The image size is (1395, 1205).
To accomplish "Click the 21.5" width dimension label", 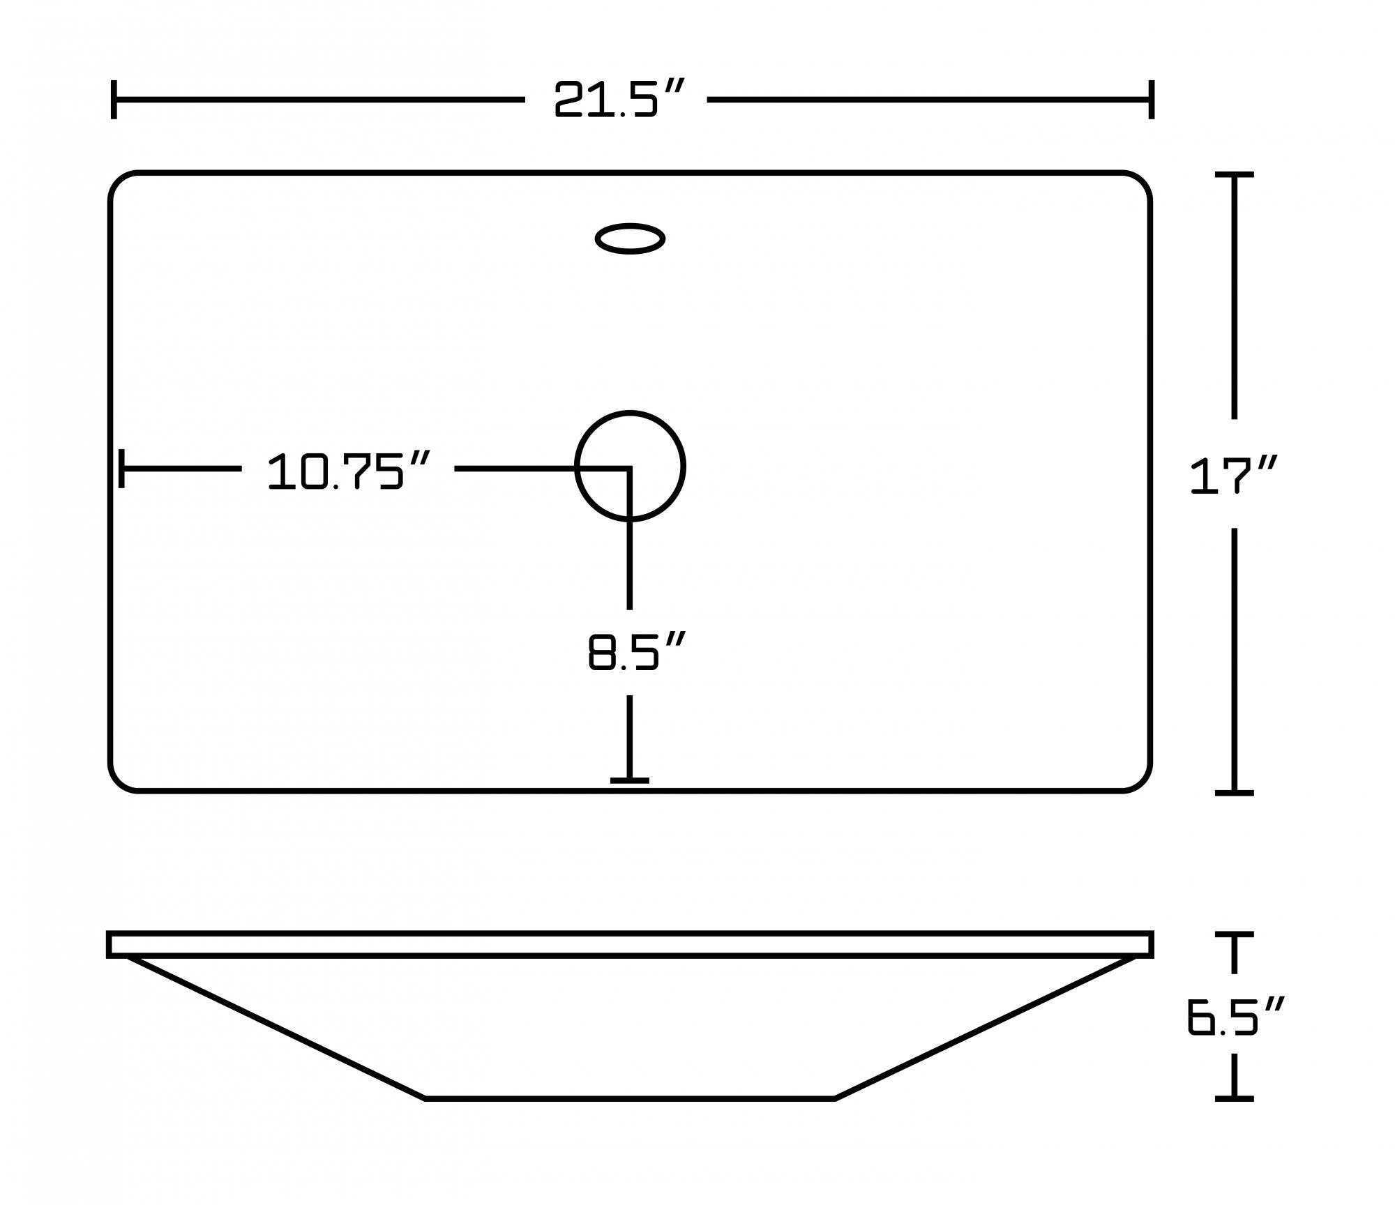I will tap(617, 99).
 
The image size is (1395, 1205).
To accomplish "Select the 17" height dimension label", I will tap(1233, 476).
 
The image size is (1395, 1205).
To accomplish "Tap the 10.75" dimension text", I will tap(348, 471).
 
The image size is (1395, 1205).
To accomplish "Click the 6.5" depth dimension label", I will tap(1233, 1016).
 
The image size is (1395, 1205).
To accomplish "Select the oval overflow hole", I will tap(630, 238).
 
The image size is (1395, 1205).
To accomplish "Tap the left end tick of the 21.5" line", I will tap(114, 99).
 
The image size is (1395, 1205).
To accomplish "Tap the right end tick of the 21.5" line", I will tap(1152, 99).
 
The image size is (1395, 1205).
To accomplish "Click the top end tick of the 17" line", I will tap(1234, 174).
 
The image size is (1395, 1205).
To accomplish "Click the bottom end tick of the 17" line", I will tap(1234, 793).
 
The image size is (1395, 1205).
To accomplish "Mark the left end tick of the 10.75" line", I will tap(121, 469).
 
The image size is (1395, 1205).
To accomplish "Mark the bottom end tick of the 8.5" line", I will tap(629, 780).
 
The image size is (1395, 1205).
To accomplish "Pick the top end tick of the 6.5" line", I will tap(1234, 934).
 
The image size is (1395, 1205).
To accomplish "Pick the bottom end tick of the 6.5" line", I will tap(1234, 1098).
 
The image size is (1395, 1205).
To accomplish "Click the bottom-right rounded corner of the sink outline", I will tap(1141, 782).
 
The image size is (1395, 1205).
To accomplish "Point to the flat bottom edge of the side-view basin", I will tap(630, 1098).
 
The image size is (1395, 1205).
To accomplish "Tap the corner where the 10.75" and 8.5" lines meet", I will tap(629, 469).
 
